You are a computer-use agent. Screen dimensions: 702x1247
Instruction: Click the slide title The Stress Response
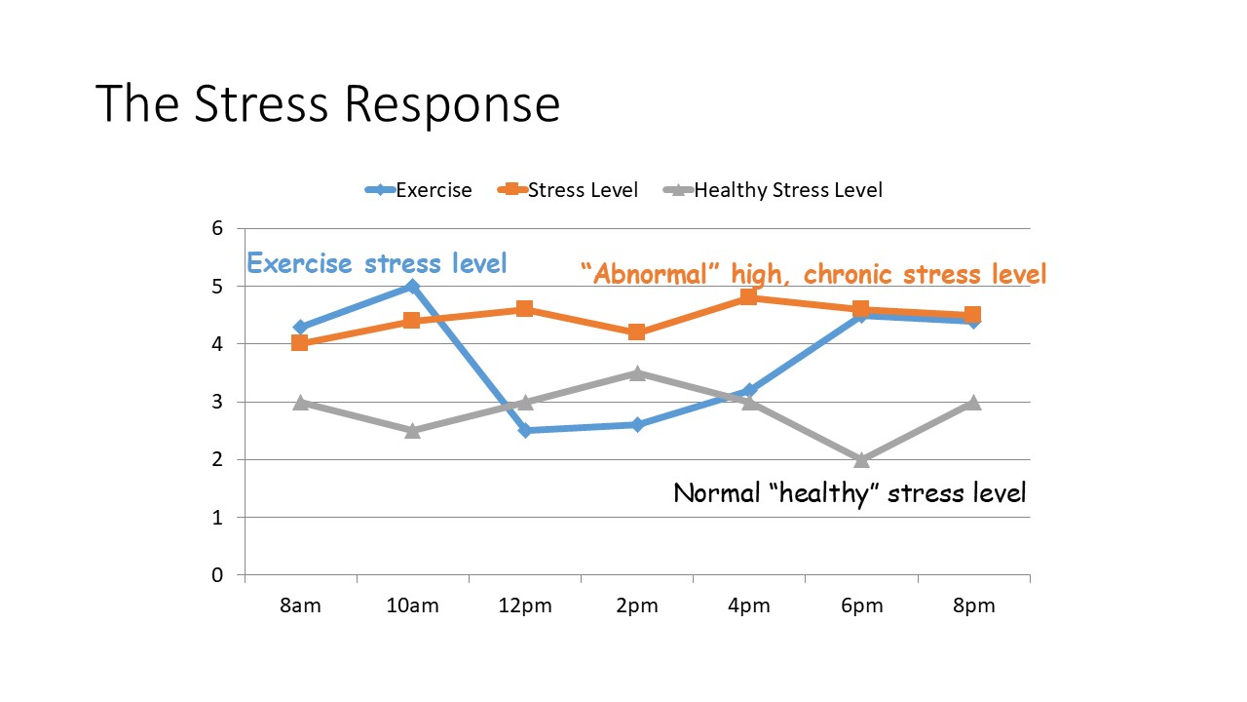[x=327, y=104]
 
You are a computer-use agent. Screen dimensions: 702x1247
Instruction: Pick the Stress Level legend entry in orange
[x=569, y=190]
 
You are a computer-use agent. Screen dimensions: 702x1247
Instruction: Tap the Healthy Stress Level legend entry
[x=774, y=190]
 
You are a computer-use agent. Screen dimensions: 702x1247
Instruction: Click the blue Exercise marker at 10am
[x=412, y=287]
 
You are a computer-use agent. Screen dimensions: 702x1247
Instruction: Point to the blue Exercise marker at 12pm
[x=524, y=430]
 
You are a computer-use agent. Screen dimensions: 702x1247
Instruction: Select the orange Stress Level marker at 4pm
[x=748, y=296]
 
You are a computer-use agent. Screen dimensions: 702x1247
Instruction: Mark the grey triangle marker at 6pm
[x=861, y=459]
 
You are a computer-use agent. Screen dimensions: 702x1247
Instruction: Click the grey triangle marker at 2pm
[x=636, y=373]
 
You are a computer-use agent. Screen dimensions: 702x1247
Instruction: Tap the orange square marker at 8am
[x=300, y=343]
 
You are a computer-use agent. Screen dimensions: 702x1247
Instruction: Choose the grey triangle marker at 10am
[x=412, y=430]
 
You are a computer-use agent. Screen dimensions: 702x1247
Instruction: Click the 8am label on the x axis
[x=300, y=605]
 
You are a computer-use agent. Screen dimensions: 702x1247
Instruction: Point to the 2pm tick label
[x=637, y=605]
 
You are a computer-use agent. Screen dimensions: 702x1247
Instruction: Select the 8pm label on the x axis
[x=973, y=605]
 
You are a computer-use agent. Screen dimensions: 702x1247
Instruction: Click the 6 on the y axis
[x=217, y=228]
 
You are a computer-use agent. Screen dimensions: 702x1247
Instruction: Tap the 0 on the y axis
[x=217, y=575]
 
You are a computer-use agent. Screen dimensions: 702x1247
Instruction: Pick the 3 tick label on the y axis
[x=217, y=402]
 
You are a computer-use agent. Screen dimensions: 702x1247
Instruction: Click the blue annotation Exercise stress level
[x=376, y=263]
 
